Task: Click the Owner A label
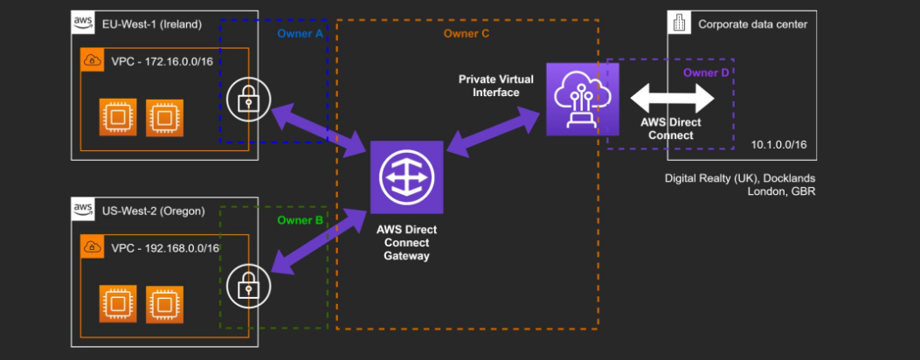(300, 33)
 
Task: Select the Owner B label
(300, 220)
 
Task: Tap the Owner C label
(467, 33)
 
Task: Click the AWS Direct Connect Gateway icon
(406, 177)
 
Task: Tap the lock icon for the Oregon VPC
(248, 285)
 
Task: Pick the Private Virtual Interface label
(489, 86)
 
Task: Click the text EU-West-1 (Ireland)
(151, 24)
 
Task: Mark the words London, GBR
(781, 191)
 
